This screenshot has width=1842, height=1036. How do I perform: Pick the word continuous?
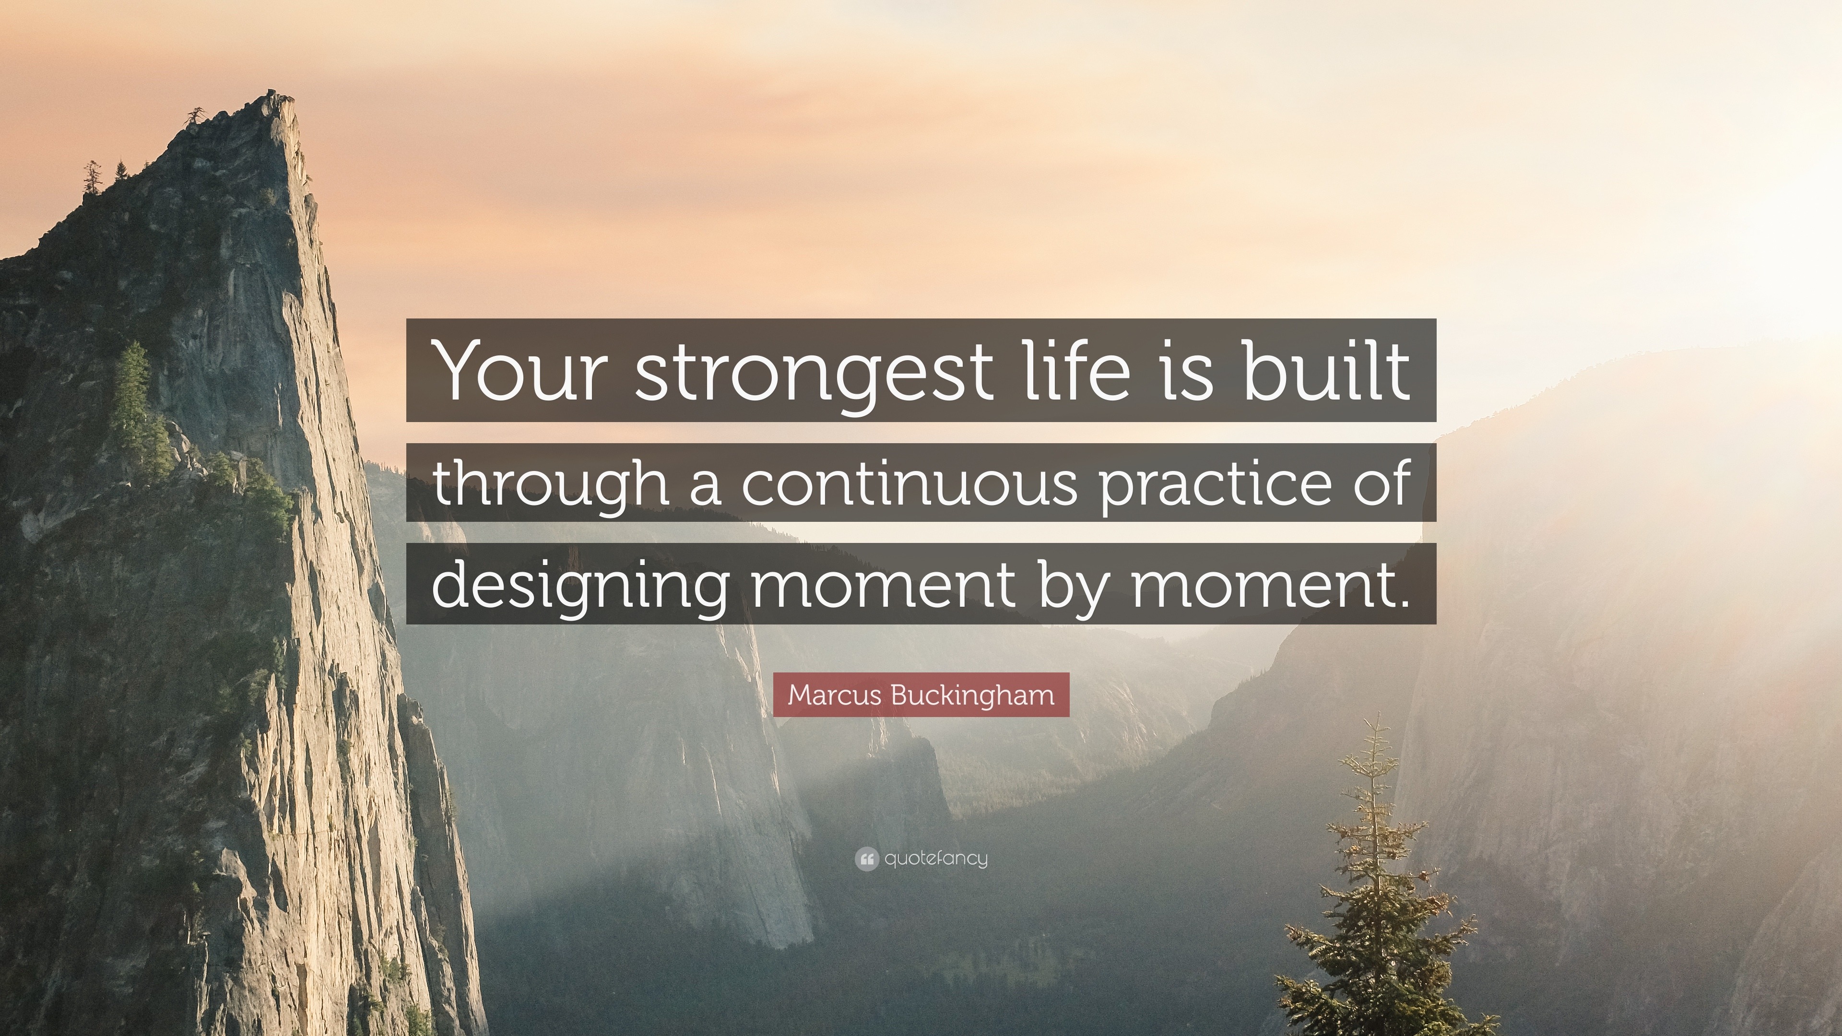908,482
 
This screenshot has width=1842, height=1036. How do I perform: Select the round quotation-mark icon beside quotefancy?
866,859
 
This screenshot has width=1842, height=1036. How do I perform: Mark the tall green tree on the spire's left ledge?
132,393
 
